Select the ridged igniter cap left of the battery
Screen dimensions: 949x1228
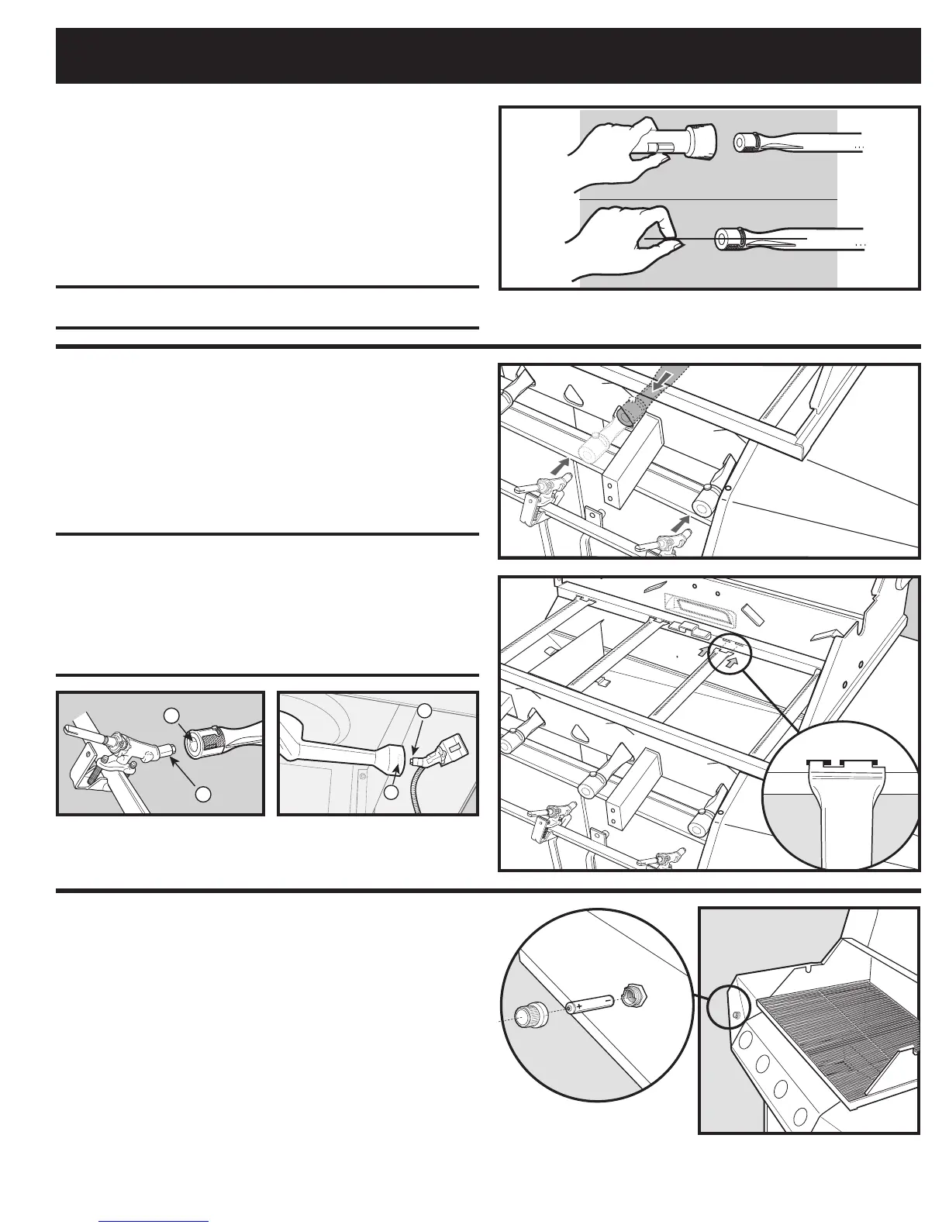[x=531, y=1014]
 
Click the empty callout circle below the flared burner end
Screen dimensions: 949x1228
[x=392, y=793]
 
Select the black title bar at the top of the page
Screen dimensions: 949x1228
[x=488, y=56]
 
